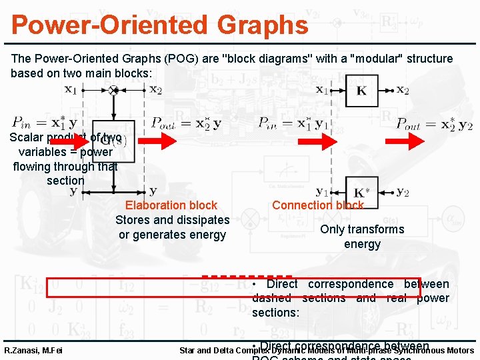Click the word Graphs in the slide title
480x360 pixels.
[x=253, y=25]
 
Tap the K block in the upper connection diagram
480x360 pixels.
[x=361, y=91]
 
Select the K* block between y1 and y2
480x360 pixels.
[x=360, y=193]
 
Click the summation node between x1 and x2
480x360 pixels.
[x=113, y=90]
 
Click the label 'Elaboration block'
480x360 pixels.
[x=171, y=205]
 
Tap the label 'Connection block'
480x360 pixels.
[x=317, y=205]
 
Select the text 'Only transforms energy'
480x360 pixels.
[x=362, y=236]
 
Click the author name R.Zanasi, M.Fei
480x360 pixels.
[x=33, y=351]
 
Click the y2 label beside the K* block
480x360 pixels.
[x=402, y=193]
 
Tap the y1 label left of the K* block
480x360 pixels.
[x=322, y=193]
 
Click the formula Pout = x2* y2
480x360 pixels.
[x=434, y=123]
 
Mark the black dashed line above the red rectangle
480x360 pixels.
[x=247, y=275]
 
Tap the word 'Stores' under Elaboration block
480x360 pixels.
[x=132, y=220]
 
